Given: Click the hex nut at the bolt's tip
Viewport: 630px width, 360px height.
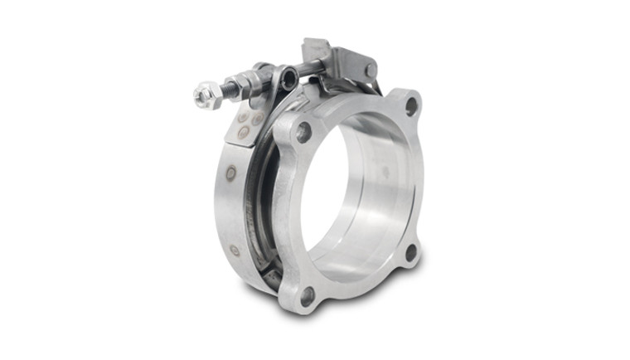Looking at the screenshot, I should (206, 96).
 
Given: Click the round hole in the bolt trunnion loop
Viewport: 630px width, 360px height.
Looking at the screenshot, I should (288, 79).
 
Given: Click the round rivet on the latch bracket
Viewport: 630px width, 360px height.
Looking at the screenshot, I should (370, 70).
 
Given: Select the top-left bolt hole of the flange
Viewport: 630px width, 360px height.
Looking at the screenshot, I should (304, 132).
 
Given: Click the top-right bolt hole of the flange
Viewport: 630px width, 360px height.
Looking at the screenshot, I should (411, 105).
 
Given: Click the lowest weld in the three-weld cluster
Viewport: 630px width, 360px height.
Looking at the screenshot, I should (243, 133).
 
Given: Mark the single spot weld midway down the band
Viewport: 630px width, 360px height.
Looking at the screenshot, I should (230, 173).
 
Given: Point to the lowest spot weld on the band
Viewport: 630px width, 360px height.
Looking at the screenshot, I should (235, 250).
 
